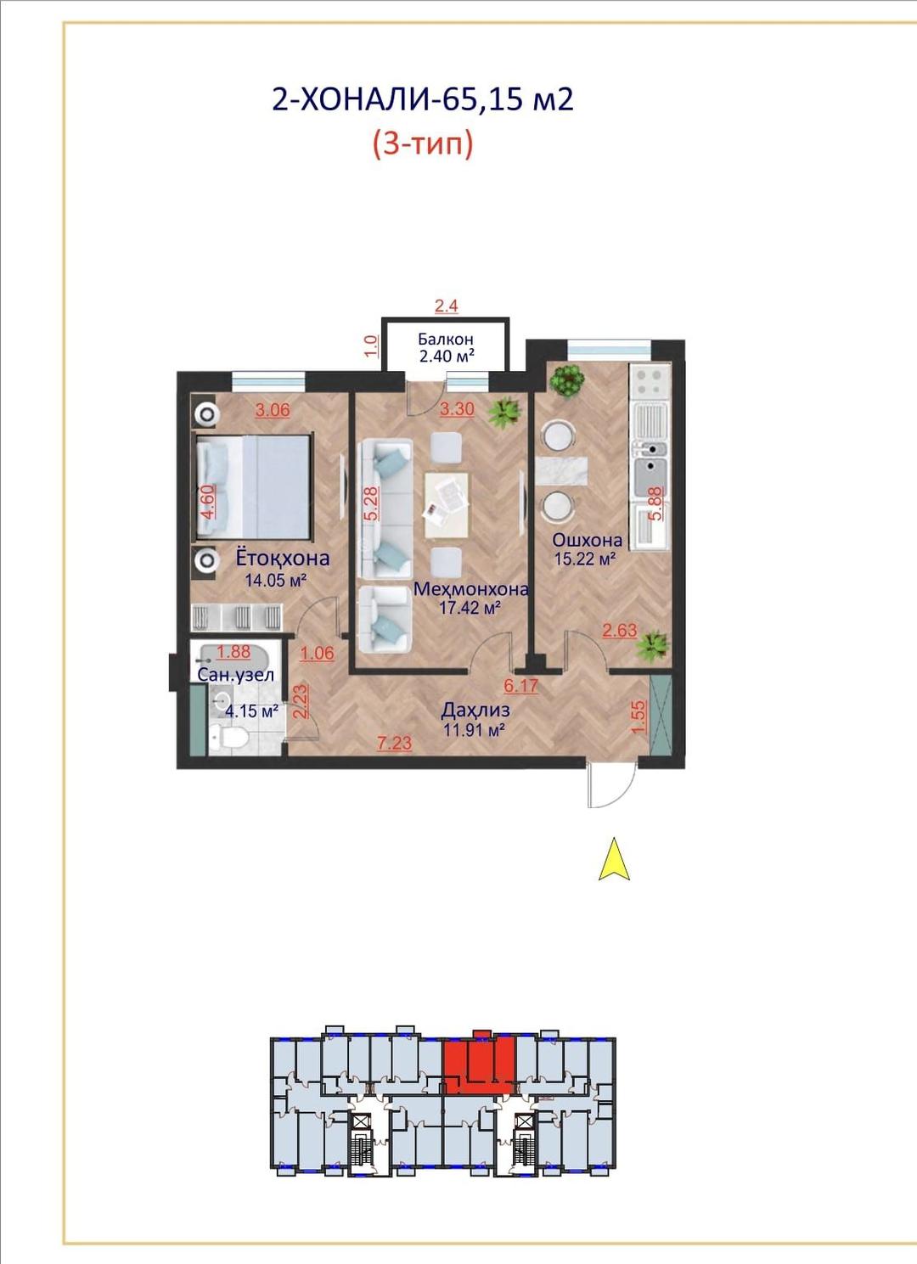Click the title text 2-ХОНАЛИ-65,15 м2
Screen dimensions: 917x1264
point(423,100)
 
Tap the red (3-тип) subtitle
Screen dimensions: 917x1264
point(423,145)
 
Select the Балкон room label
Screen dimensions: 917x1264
point(445,340)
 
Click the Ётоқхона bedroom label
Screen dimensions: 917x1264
point(282,559)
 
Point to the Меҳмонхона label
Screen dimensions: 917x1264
point(471,589)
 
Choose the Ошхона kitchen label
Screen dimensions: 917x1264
point(587,540)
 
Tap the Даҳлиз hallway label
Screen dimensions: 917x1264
point(476,710)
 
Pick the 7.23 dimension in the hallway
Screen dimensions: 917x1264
point(395,743)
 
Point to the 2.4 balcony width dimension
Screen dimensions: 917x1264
point(446,306)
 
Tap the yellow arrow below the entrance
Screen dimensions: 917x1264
point(614,858)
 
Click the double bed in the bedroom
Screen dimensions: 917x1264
point(253,486)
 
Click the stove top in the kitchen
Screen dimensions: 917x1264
point(650,383)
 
